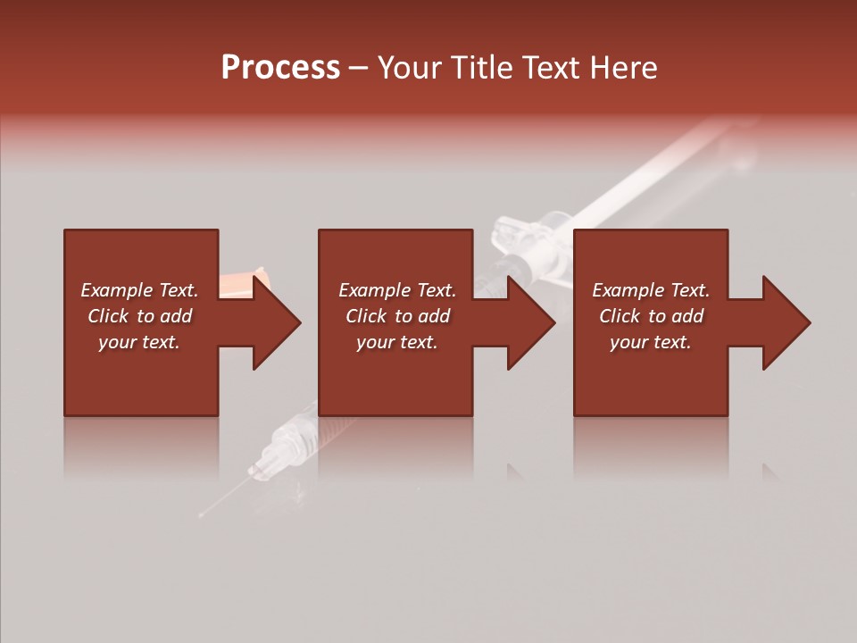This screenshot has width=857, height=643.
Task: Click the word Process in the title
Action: [x=280, y=68]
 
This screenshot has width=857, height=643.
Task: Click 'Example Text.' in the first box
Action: [x=139, y=290]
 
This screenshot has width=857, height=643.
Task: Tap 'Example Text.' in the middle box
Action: [x=397, y=290]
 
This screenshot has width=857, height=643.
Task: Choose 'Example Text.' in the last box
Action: [x=651, y=290]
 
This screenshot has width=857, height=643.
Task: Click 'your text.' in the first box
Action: [x=139, y=342]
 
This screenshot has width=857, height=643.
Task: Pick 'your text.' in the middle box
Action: [x=397, y=342]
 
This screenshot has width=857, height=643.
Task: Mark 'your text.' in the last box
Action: [x=651, y=342]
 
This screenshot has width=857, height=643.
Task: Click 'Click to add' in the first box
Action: [x=139, y=316]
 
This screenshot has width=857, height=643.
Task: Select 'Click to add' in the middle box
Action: [x=397, y=316]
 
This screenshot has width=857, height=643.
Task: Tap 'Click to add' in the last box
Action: [x=651, y=316]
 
